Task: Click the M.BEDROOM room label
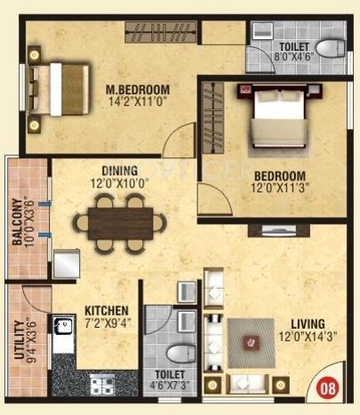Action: [x=138, y=90]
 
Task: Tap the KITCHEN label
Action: [x=104, y=310]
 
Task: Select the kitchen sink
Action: [x=63, y=331]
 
